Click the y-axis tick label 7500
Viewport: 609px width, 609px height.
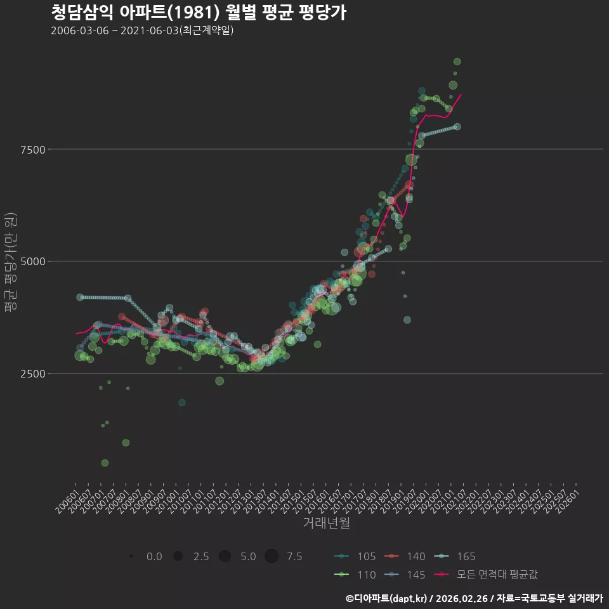coord(33,150)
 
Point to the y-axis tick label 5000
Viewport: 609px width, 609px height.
coord(33,261)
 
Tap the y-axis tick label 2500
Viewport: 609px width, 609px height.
coord(33,374)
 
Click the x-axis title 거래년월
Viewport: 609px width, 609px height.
coord(326,523)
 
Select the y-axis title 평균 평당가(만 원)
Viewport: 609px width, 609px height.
coord(11,262)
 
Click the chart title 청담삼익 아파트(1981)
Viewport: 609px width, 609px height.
coord(135,13)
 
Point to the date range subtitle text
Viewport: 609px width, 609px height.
coord(142,30)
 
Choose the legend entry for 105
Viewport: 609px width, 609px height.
coord(355,556)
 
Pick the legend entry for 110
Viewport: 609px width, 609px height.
coord(355,575)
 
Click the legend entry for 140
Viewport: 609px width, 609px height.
coord(404,556)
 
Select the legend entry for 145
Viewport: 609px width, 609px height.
coord(404,575)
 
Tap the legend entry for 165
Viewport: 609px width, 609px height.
coord(454,556)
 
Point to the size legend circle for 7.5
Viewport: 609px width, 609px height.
coord(272,556)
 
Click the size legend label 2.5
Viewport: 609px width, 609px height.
coord(201,556)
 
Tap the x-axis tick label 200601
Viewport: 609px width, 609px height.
coord(67,502)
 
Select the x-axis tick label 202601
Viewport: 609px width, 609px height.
coord(567,502)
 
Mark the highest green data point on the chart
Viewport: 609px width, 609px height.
coord(457,62)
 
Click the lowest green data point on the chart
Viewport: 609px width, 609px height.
coord(105,463)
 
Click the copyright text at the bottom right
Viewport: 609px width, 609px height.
coord(475,598)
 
